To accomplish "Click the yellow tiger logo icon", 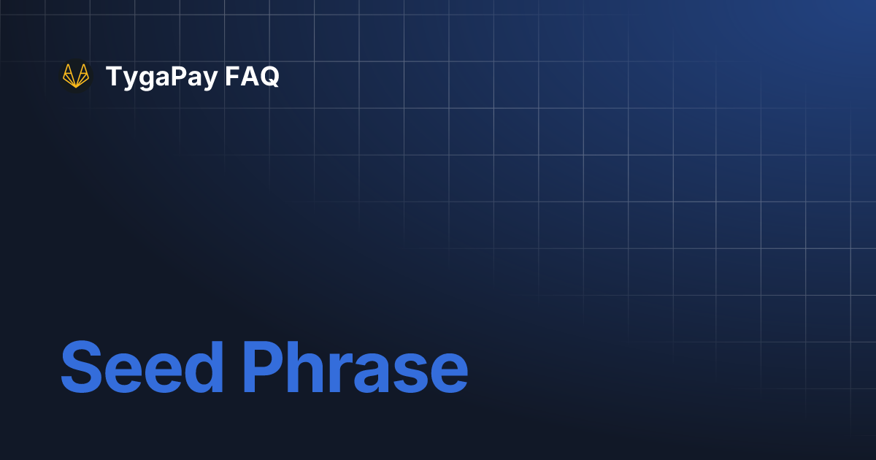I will point(76,76).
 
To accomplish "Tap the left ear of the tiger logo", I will point(66,69).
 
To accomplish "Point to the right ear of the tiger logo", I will point(85,69).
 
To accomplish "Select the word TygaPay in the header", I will point(161,77).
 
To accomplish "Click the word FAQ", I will point(252,76).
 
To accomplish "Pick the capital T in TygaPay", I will point(113,76).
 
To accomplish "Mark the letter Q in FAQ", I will point(269,77).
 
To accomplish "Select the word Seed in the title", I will point(142,367).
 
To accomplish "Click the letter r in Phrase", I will point(345,372).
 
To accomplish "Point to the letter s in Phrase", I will point(412,372).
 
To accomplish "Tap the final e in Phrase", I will point(447,372).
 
